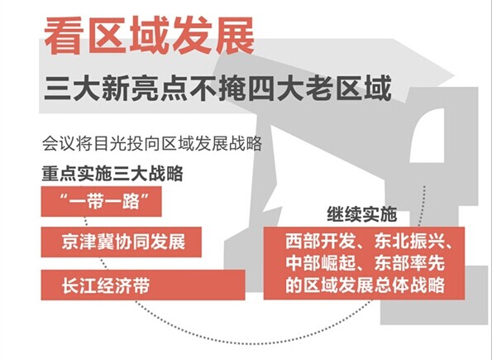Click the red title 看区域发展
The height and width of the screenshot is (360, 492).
click(x=149, y=36)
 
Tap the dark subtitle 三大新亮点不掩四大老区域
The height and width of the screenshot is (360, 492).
click(x=218, y=88)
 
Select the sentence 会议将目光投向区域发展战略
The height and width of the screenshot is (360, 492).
click(x=152, y=144)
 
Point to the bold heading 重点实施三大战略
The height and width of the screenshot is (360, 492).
click(x=112, y=174)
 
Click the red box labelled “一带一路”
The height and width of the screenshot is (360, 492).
click(x=102, y=201)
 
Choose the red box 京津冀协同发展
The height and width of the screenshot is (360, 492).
click(x=121, y=242)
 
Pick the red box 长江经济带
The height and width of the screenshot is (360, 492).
click(x=143, y=285)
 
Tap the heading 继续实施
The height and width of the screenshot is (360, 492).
click(x=362, y=214)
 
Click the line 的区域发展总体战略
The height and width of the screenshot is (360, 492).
click(x=365, y=285)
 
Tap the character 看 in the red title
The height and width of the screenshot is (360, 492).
click(x=64, y=36)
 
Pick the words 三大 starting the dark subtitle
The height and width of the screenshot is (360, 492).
click(x=72, y=88)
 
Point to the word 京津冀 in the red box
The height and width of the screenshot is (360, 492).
click(x=88, y=242)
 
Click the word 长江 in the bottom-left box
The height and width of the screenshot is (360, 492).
click(x=79, y=285)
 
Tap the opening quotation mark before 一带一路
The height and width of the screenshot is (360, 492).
click(x=63, y=197)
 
